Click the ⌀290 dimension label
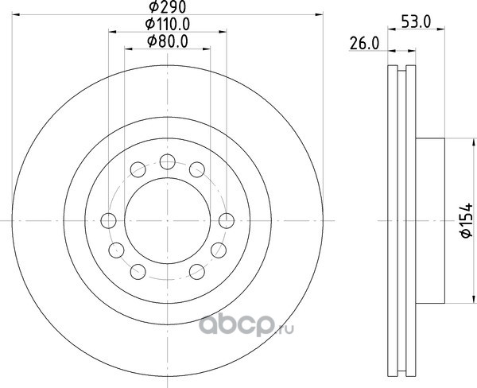(x=167, y=7)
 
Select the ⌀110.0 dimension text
(x=168, y=24)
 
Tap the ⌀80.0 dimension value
(x=167, y=41)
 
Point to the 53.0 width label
(x=416, y=22)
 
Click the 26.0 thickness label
(x=364, y=43)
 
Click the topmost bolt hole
(x=167, y=161)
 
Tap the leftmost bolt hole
(x=108, y=220)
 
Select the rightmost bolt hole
(x=227, y=220)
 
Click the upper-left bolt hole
(x=138, y=169)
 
